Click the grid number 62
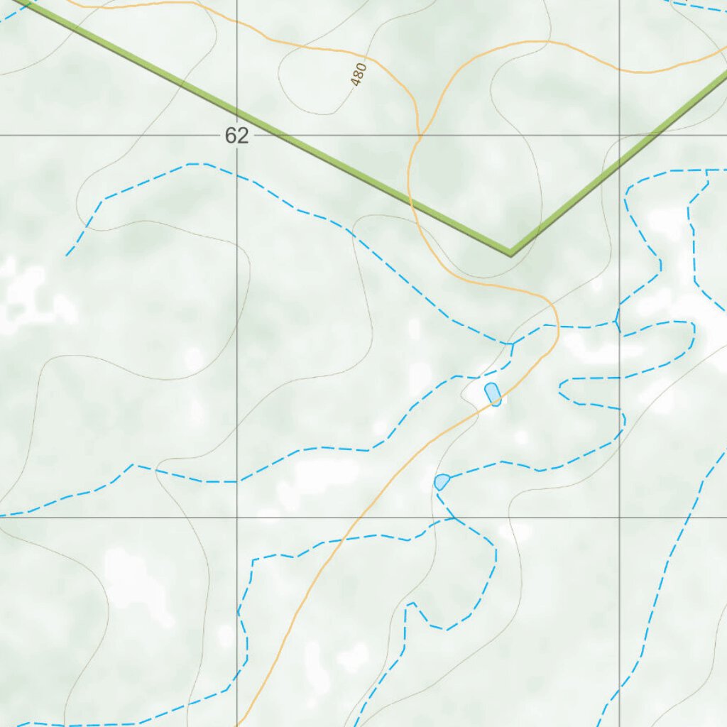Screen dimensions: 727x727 (x=236, y=136)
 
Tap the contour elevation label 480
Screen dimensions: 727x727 (x=359, y=74)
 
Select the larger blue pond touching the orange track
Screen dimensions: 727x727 (x=493, y=394)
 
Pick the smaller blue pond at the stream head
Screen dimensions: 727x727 (x=442, y=482)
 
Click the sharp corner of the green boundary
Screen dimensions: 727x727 (x=510, y=252)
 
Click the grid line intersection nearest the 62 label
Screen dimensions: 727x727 (x=237, y=135)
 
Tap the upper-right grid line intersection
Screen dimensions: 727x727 (x=620, y=135)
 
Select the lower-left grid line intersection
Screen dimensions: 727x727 (x=237, y=518)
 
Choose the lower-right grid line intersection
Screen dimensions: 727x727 (x=620, y=518)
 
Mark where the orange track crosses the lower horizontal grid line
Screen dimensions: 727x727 (x=354, y=518)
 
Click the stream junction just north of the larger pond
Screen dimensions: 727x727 (x=511, y=344)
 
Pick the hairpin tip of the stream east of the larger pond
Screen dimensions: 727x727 (x=561, y=387)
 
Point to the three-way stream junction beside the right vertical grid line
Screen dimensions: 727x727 (x=618, y=323)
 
